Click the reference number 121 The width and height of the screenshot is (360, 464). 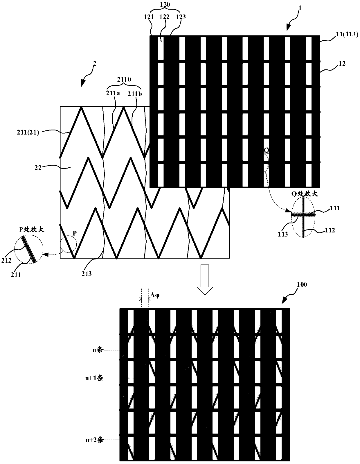[149, 17]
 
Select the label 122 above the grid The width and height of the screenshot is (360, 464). [164, 17]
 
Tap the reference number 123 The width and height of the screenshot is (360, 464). [181, 17]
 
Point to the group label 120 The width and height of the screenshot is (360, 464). [165, 4]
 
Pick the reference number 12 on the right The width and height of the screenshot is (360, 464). [342, 63]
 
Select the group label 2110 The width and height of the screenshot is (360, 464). [124, 80]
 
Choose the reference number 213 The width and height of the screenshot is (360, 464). [87, 273]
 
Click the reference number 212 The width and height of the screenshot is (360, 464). [6, 260]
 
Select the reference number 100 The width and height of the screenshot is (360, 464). [302, 285]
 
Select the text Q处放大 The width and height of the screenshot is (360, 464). [305, 194]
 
